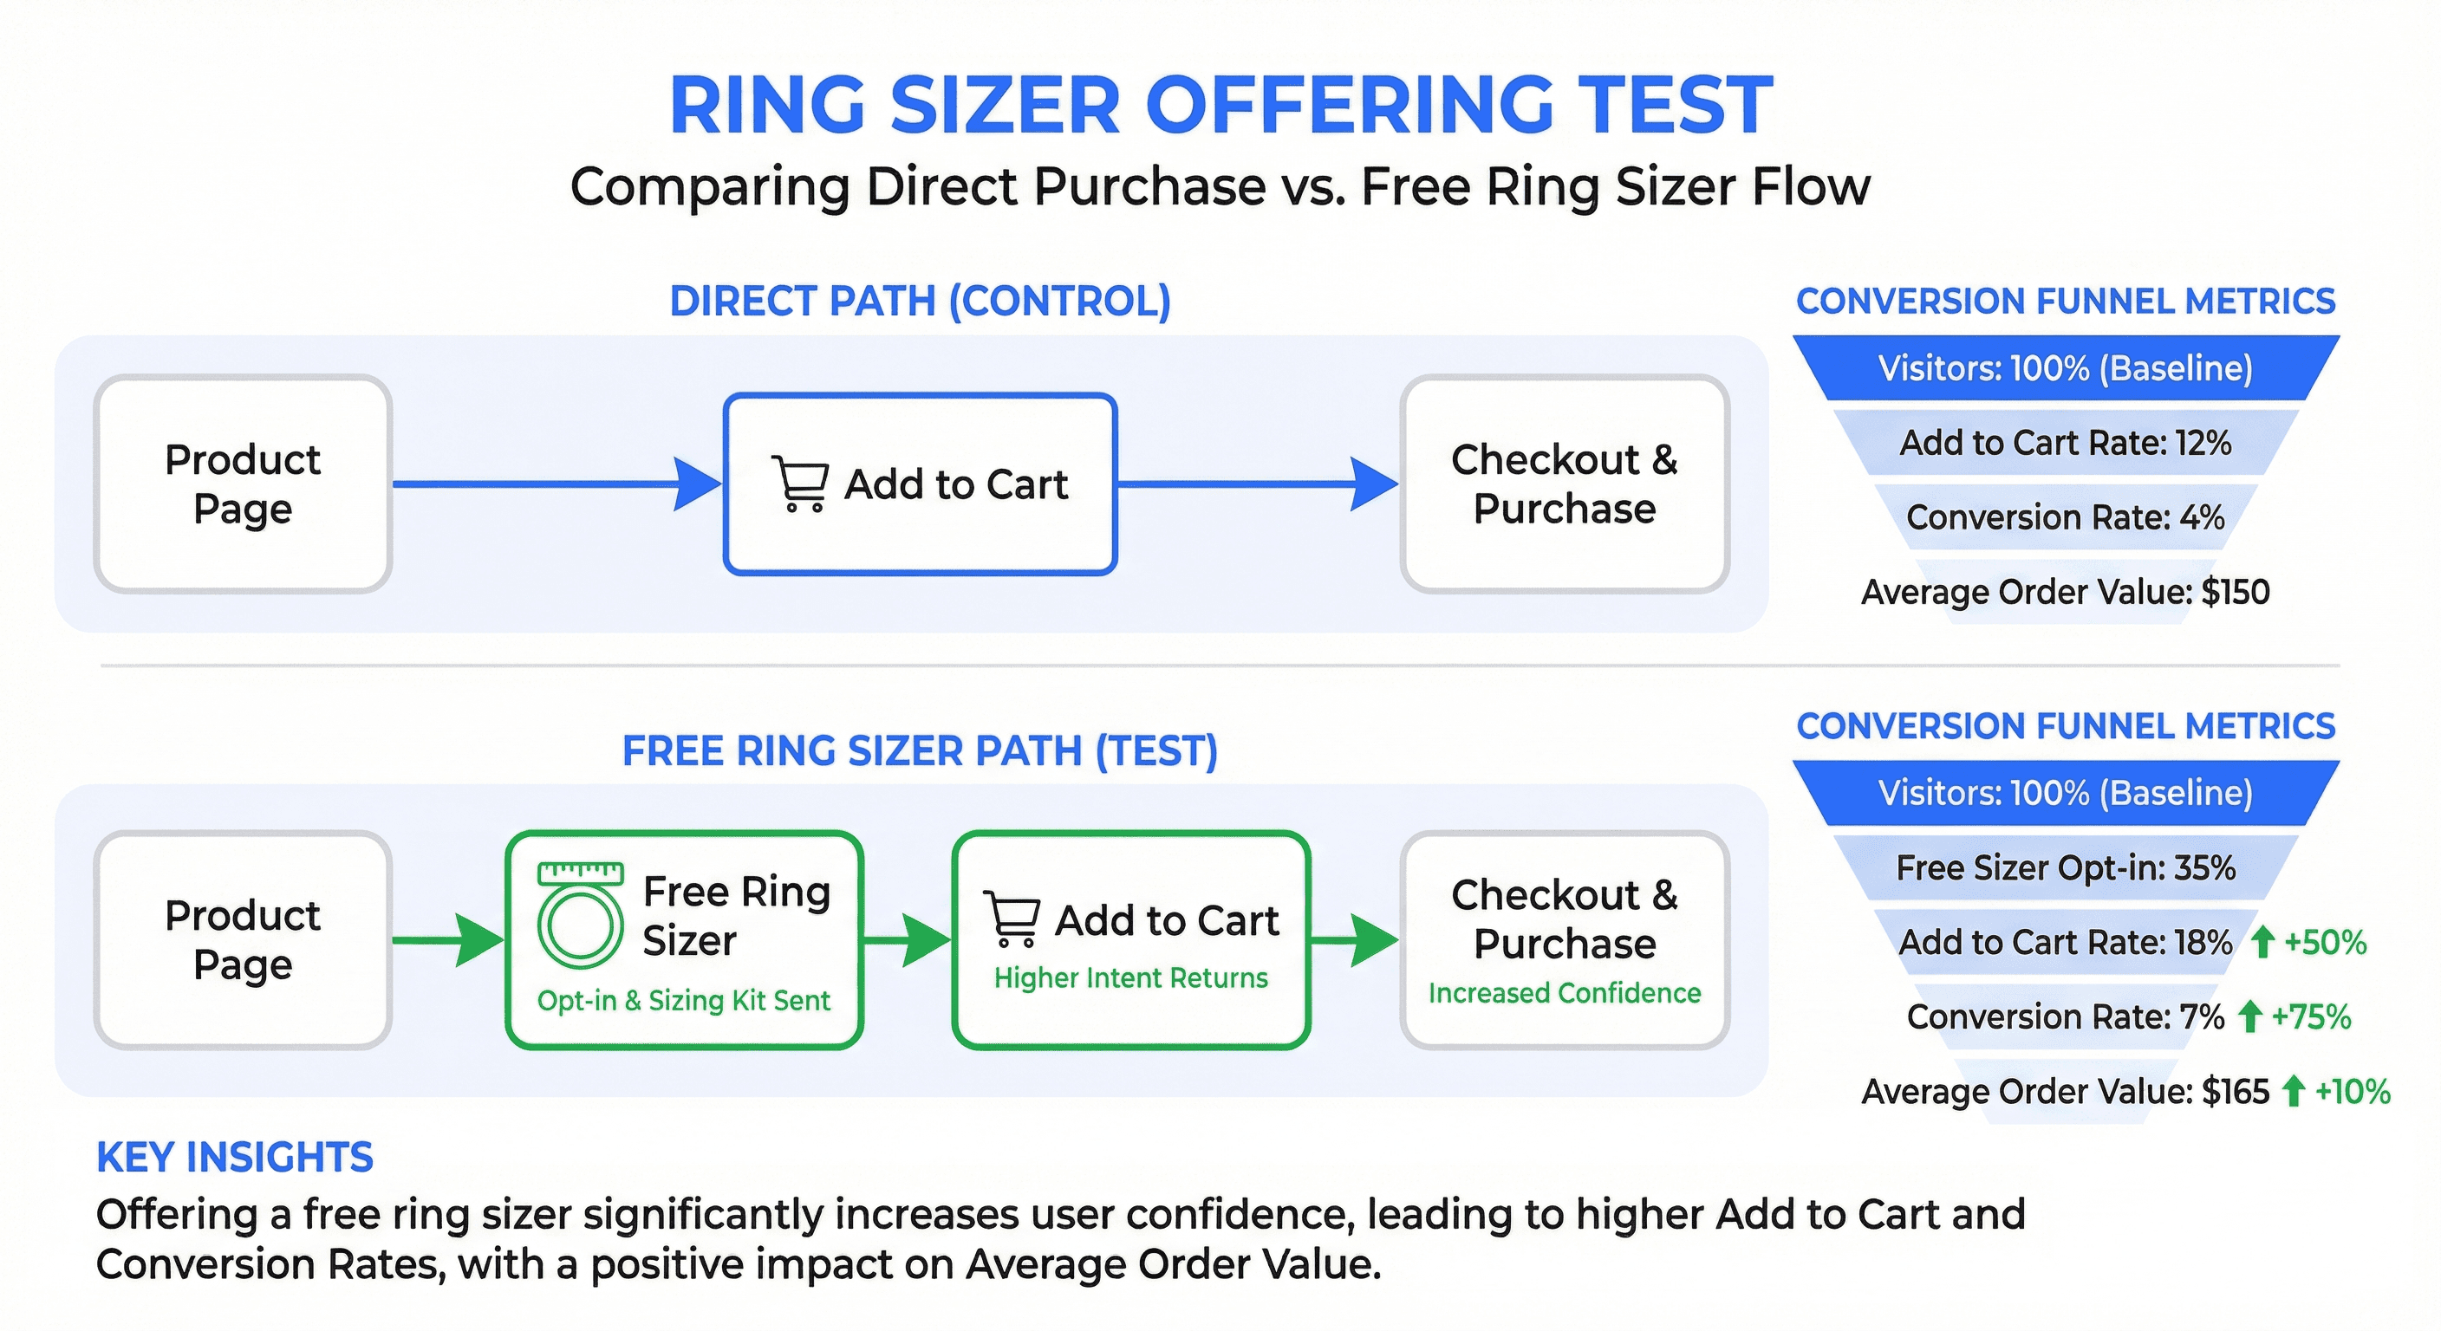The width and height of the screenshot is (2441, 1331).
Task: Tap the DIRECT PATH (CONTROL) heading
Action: click(x=920, y=302)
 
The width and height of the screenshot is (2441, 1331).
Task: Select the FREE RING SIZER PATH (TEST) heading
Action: click(x=919, y=751)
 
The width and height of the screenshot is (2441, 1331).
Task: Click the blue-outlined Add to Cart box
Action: click(x=920, y=484)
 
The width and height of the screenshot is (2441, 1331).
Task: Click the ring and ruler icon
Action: click(x=580, y=914)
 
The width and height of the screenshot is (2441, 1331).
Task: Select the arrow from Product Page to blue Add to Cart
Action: click(x=557, y=484)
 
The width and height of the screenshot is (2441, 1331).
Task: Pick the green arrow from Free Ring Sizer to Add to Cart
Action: click(x=907, y=941)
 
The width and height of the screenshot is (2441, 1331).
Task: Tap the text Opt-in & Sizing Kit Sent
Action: click(x=683, y=1000)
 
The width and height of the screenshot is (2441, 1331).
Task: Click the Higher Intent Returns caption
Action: click(x=1130, y=977)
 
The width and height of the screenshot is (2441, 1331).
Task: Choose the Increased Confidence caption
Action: click(x=1565, y=993)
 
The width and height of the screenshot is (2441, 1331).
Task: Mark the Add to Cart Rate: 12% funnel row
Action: click(x=2066, y=443)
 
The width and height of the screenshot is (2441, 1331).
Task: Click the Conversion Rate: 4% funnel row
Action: click(x=2066, y=517)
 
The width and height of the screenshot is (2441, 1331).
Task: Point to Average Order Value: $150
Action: click(x=2066, y=592)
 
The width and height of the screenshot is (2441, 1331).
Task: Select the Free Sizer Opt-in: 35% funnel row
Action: click(x=2066, y=867)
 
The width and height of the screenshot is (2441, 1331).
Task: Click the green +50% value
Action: click(x=2326, y=943)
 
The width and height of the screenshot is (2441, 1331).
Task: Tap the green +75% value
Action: click(x=2311, y=1017)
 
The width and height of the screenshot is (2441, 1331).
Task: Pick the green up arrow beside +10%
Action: click(x=2293, y=1091)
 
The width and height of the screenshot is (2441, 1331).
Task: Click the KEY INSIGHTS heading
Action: click(x=235, y=1158)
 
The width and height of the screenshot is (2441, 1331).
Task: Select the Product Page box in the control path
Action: click(x=243, y=484)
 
